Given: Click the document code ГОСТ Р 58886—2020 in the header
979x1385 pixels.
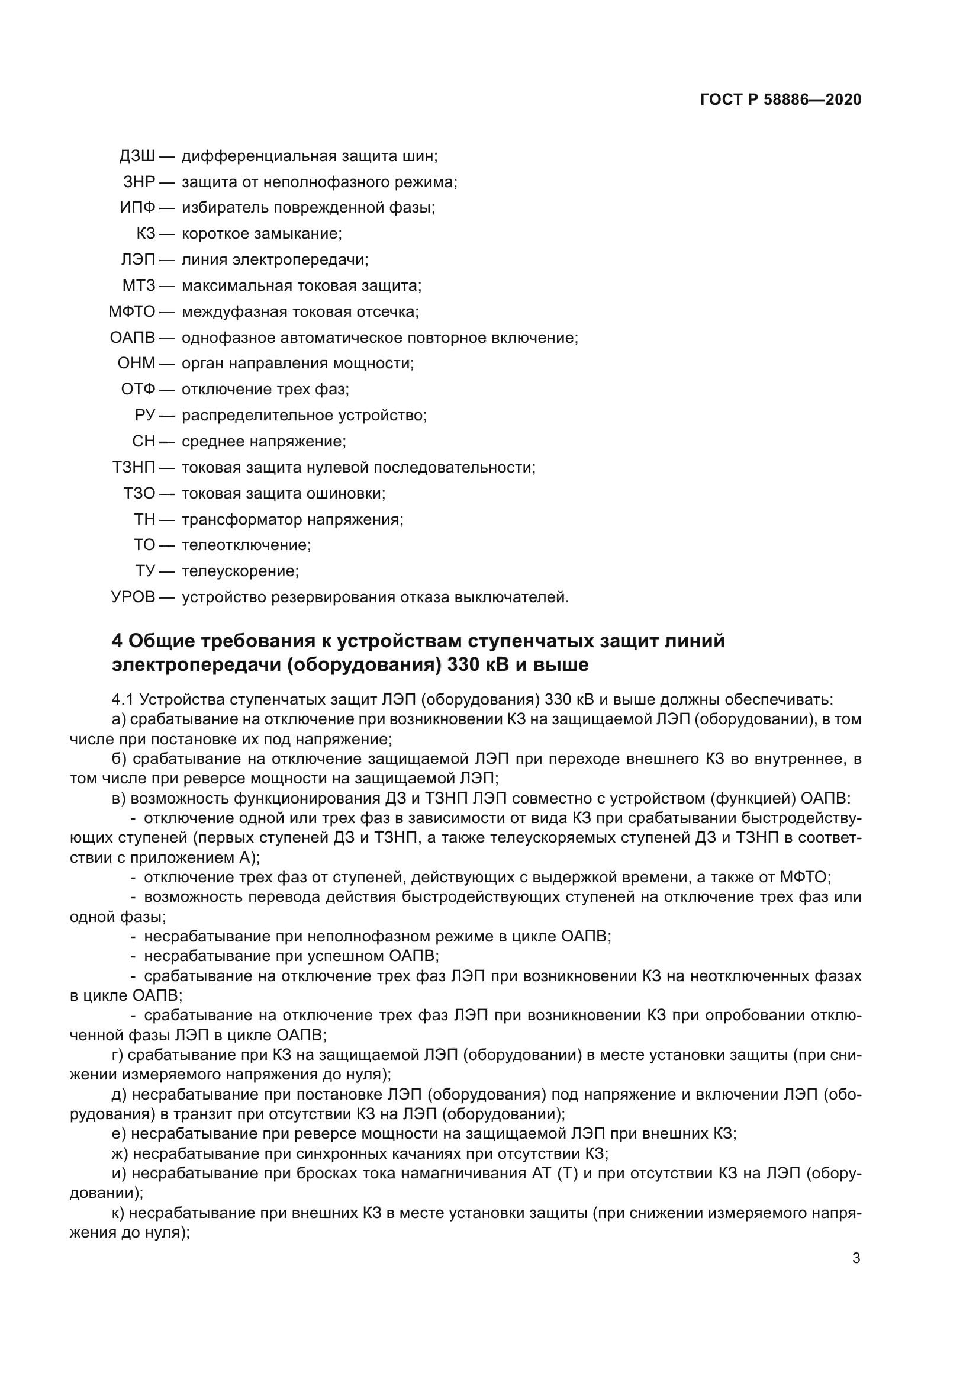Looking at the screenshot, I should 780,99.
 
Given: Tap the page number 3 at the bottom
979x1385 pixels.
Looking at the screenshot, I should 856,1258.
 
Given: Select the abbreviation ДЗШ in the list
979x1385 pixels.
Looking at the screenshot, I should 137,156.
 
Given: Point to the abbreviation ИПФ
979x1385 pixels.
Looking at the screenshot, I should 137,208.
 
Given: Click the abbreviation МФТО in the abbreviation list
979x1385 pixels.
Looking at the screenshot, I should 131,312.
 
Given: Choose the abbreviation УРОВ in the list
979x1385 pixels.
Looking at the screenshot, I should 133,597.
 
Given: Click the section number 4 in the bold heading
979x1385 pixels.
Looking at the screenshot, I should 118,641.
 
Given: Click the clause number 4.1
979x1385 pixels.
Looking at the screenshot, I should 123,700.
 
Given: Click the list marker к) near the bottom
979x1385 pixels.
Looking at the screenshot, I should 118,1213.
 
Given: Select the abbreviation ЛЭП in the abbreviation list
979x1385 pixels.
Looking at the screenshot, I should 137,260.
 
